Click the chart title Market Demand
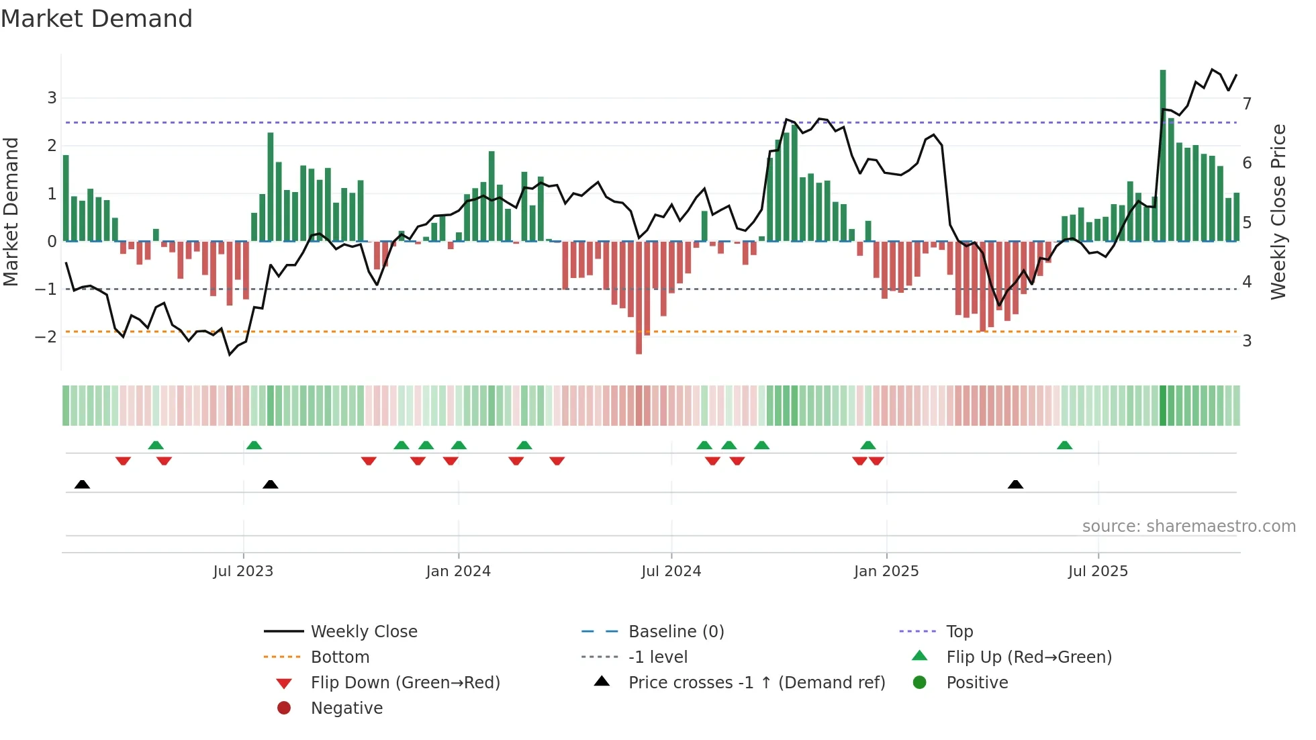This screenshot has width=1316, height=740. [97, 19]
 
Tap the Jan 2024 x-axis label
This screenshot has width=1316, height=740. [458, 571]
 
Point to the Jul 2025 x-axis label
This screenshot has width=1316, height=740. [1098, 571]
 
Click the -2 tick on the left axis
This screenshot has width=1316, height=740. [46, 337]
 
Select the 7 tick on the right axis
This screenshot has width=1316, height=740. [1247, 104]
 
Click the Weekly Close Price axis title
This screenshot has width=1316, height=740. [1278, 212]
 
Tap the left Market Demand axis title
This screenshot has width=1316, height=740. [11, 212]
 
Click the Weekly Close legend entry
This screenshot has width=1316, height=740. [363, 632]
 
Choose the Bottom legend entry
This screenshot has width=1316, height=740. [340, 657]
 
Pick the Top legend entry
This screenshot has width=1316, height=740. [959, 632]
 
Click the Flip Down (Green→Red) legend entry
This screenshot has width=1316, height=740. [405, 683]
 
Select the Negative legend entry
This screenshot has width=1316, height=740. [346, 708]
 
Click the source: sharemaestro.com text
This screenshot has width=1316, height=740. [1188, 526]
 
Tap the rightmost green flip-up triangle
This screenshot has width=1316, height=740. [1064, 445]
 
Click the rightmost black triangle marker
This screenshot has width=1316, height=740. [1015, 484]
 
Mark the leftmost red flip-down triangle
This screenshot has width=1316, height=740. [123, 461]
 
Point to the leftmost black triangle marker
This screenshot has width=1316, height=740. [82, 484]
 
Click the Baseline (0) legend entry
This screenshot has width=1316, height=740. [675, 632]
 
